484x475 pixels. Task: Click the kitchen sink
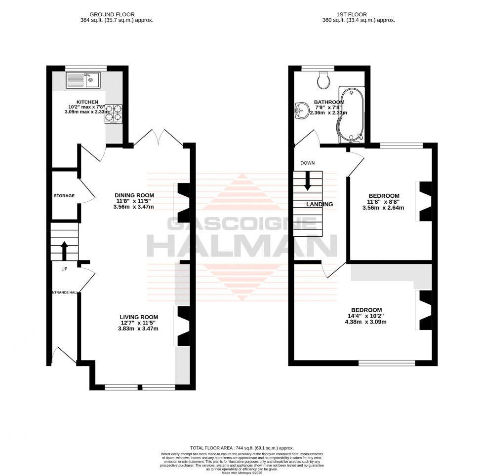(83, 79)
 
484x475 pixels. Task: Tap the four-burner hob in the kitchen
(114, 113)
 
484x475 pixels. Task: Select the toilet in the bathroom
(324, 80)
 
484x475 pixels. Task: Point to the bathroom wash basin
(301, 110)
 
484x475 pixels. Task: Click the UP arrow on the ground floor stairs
(64, 250)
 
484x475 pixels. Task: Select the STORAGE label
(64, 196)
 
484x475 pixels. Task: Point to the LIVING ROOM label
(138, 317)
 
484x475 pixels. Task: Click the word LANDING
(320, 204)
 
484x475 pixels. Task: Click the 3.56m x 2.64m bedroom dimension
(383, 208)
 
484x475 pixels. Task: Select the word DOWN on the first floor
(307, 163)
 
